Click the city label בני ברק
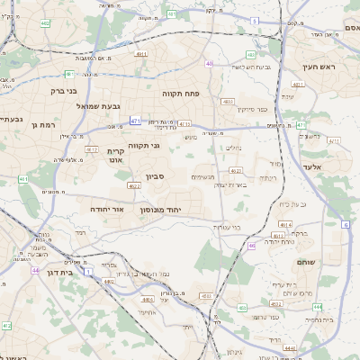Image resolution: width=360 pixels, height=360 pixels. click(58, 90)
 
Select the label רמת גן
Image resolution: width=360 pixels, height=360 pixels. click(43, 124)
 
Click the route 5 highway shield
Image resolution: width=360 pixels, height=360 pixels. click(255, 20)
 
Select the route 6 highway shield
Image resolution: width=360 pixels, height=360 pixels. click(346, 224)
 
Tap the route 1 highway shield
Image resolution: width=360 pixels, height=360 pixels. click(88, 270)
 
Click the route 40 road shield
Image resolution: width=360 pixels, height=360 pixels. click(209, 64)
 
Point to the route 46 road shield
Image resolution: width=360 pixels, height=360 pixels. click(252, 244)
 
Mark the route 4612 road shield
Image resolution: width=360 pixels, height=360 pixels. click(235, 169)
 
